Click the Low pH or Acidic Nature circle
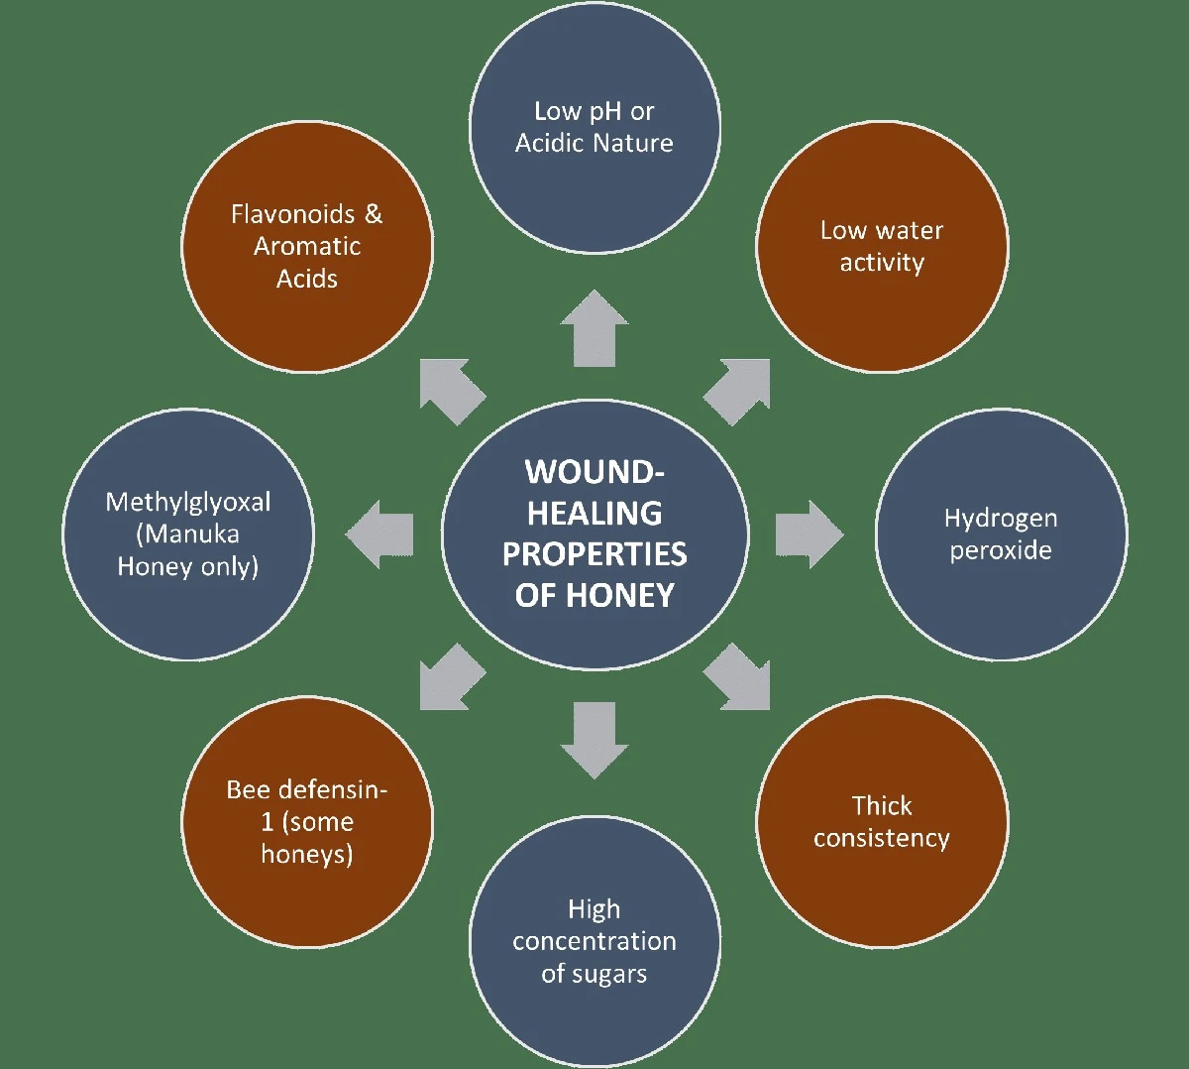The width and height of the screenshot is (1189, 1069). point(594,126)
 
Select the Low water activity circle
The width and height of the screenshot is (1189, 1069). point(882,246)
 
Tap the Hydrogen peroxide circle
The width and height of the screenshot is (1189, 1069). point(1001,534)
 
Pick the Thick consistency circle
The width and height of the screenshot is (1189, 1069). point(882,822)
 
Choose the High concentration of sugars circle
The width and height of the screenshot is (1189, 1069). point(594,941)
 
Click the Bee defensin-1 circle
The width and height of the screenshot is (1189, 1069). point(307,822)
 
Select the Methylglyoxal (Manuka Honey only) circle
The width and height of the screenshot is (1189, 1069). point(188,534)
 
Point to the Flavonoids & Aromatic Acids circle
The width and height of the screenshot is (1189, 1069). point(307,246)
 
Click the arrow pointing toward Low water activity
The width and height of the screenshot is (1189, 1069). point(739,391)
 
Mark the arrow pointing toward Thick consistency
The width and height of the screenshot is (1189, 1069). point(739,678)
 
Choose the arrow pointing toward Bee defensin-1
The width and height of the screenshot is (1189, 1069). point(450,678)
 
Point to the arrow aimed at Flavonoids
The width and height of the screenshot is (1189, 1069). point(450,391)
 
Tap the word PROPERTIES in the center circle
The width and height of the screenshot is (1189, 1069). point(594,553)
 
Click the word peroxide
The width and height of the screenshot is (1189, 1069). point(1001,551)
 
